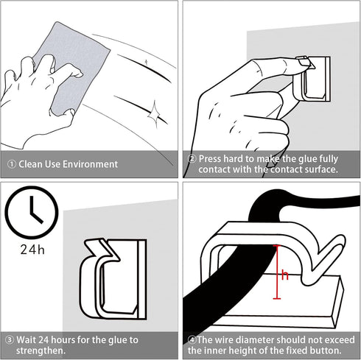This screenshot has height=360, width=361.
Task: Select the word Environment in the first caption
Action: pyautogui.click(x=90, y=164)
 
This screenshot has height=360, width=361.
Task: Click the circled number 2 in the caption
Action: pyautogui.click(x=192, y=158)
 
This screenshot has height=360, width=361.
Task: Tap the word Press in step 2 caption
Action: pyautogui.click(x=211, y=158)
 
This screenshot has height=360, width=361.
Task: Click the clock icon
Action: pyautogui.click(x=31, y=213)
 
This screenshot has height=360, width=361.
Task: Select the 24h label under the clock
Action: pyautogui.click(x=31, y=250)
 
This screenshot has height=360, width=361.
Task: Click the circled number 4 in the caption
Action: pyautogui.click(x=192, y=339)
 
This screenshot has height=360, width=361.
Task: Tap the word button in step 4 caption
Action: pyautogui.click(x=324, y=350)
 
